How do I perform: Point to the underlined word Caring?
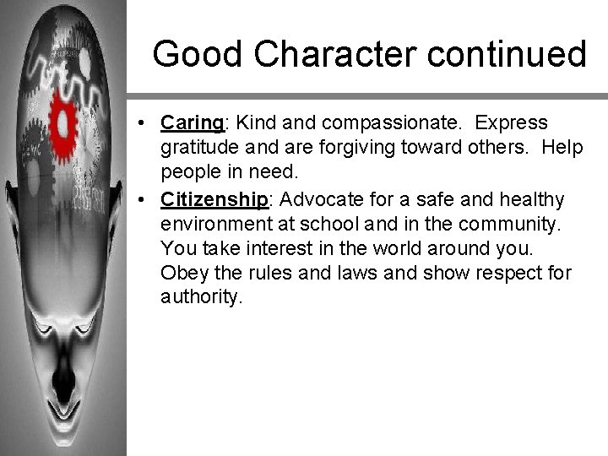pos(192,123)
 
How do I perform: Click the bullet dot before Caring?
pos(145,123)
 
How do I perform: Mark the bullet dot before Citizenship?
pos(145,200)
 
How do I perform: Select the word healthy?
pos(531,200)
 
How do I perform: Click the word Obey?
pos(182,274)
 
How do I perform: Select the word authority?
pos(201,298)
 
